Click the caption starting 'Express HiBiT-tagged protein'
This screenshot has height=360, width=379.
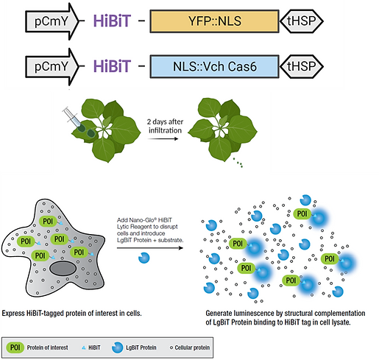tap(71, 312)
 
